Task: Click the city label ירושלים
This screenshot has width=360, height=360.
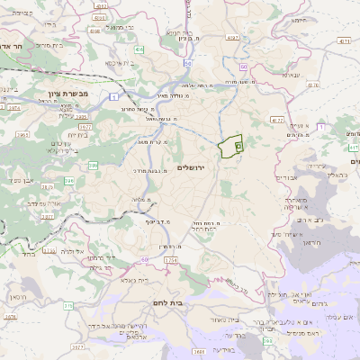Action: tap(193, 167)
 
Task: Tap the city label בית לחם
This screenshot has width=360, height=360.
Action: tap(167, 303)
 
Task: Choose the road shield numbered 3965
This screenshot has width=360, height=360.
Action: tap(22, 135)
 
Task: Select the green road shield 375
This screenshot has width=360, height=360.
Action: tap(68, 306)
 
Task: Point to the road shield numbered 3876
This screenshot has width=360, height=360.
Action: tap(10, 317)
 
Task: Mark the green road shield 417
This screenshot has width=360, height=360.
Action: tap(352, 146)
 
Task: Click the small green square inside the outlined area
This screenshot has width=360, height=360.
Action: tap(238, 144)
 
